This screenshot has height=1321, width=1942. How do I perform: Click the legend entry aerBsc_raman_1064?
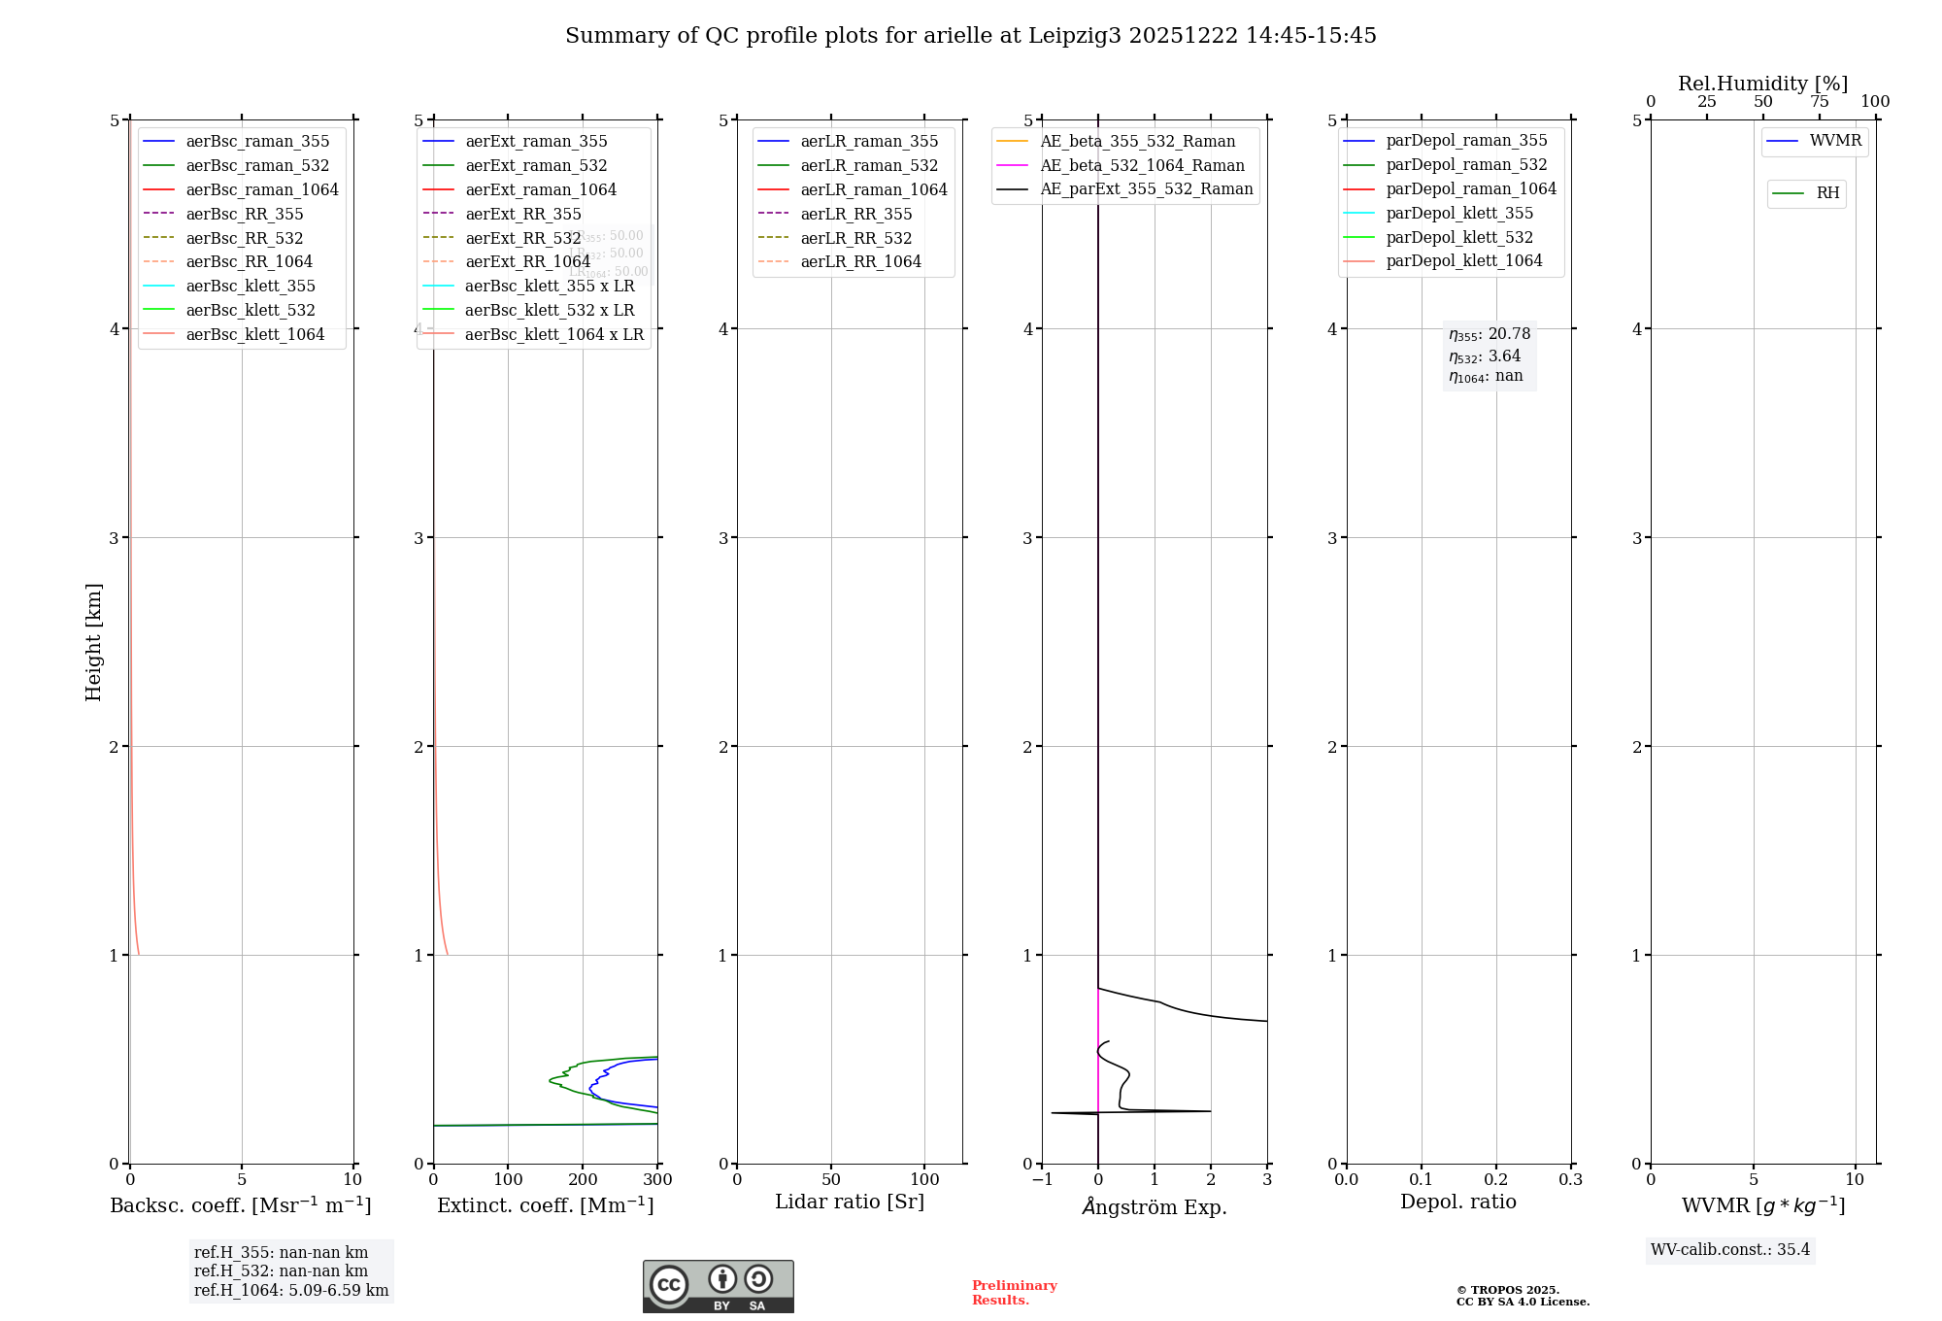[262, 189]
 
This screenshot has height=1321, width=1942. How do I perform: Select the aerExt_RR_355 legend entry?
[523, 214]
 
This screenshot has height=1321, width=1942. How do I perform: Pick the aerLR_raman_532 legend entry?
[869, 165]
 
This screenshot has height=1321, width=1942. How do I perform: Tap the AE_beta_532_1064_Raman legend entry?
[1142, 165]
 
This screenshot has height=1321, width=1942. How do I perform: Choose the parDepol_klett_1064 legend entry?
[1463, 260]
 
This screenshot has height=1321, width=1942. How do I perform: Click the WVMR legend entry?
[1835, 141]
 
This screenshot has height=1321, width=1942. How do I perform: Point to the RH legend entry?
[1827, 193]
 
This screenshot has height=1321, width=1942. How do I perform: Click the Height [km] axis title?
[93, 642]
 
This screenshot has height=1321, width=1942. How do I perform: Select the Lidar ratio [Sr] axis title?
[850, 1202]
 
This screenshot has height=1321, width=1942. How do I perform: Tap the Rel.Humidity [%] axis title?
[1762, 84]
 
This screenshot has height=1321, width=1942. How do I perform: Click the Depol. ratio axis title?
[1457, 1202]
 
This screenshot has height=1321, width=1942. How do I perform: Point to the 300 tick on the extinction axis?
[657, 1180]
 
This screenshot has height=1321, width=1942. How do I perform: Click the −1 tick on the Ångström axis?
[1042, 1180]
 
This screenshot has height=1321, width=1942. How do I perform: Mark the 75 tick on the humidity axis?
[1819, 102]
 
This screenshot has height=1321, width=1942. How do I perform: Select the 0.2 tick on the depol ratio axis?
[1496, 1180]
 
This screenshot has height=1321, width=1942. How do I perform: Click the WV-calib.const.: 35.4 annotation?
[1730, 1249]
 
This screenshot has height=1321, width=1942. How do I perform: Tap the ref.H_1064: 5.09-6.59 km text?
[291, 1291]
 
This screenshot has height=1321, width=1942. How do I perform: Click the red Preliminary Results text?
[1014, 1293]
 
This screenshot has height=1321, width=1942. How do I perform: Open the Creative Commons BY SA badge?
[718, 1287]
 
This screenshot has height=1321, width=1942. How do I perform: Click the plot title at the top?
[971, 36]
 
